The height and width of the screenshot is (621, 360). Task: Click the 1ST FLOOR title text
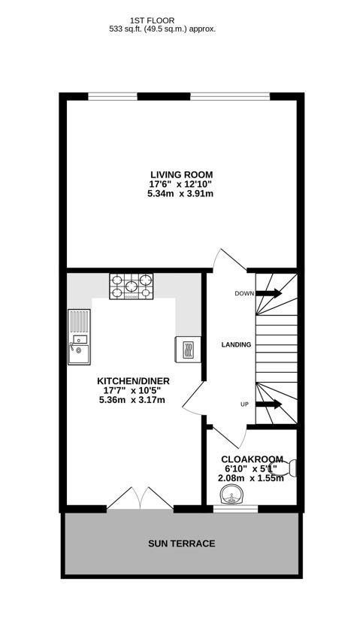tap(162, 20)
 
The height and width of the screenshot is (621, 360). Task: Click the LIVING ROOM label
tap(180, 174)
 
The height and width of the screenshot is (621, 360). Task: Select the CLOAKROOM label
tap(252, 459)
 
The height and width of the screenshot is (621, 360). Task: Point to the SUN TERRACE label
tap(182, 544)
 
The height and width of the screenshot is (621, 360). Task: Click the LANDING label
tap(236, 344)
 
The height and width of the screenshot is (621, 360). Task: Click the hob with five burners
tap(132, 286)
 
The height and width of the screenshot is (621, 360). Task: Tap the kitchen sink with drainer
tap(79, 337)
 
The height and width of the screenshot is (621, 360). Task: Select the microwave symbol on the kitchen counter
tap(188, 349)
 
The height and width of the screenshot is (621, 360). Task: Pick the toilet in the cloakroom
tap(291, 468)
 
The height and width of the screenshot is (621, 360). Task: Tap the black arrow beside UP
tap(268, 404)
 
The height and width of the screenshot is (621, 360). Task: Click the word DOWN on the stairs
tap(244, 293)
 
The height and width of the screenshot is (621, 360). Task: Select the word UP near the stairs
tap(244, 404)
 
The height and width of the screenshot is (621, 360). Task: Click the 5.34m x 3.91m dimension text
tap(180, 193)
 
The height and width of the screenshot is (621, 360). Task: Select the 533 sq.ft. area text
tap(162, 29)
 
